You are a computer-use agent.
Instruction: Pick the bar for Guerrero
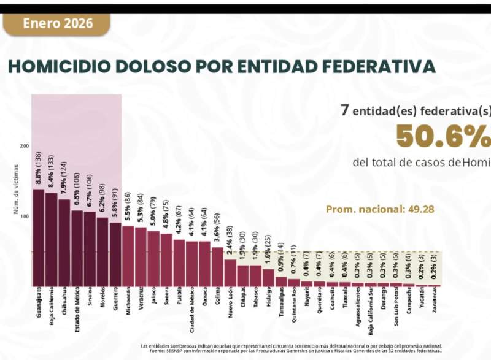[x=115, y=254]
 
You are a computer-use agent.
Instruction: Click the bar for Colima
[x=217, y=266]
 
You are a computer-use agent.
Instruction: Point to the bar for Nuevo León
[x=230, y=272]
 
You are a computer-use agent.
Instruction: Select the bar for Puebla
[x=179, y=262]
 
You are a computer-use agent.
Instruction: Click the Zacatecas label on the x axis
[x=435, y=302]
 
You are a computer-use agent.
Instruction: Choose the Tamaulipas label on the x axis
[x=281, y=304]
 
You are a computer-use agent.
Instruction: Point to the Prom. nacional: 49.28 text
[x=380, y=209]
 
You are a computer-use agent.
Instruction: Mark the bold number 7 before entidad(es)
[x=346, y=111]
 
